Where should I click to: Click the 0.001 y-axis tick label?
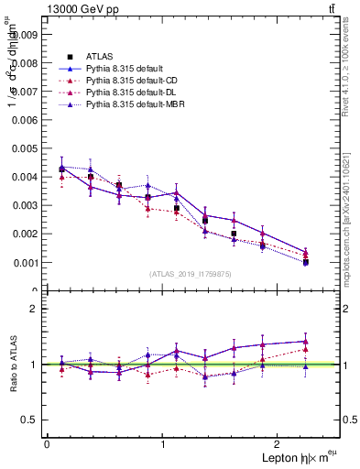pos(27,262)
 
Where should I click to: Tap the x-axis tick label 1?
pos(163,443)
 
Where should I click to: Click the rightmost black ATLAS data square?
pos(305,262)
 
